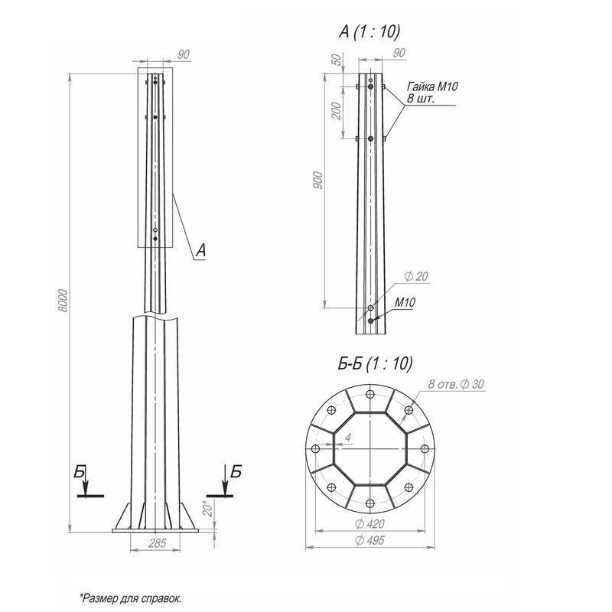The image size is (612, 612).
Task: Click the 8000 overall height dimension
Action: click(63, 301)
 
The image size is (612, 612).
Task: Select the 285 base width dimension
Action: click(158, 543)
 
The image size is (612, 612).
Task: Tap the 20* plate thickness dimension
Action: click(208, 509)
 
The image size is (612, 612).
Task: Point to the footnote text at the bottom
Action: click(131, 598)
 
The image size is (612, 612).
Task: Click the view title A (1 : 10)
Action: click(369, 31)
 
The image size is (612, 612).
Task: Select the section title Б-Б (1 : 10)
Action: click(375, 364)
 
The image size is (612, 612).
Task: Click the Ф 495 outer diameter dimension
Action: click(369, 540)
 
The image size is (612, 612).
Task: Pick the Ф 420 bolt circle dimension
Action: click(369, 524)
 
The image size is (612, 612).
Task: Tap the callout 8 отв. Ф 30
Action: click(456, 384)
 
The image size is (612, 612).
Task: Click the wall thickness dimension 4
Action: click(348, 437)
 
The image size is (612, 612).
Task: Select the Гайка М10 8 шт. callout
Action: click(432, 92)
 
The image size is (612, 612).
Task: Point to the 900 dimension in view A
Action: click(318, 180)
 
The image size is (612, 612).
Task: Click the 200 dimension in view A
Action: click(336, 111)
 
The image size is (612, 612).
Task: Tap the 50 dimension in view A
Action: click(337, 60)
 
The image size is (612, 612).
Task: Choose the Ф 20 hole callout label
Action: click(416, 276)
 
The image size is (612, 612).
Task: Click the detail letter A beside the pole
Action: click(200, 250)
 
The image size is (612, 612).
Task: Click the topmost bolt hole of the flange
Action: click(370, 394)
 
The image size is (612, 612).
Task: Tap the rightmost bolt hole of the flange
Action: click(425, 449)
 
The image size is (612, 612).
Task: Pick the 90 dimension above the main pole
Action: click(183, 54)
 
